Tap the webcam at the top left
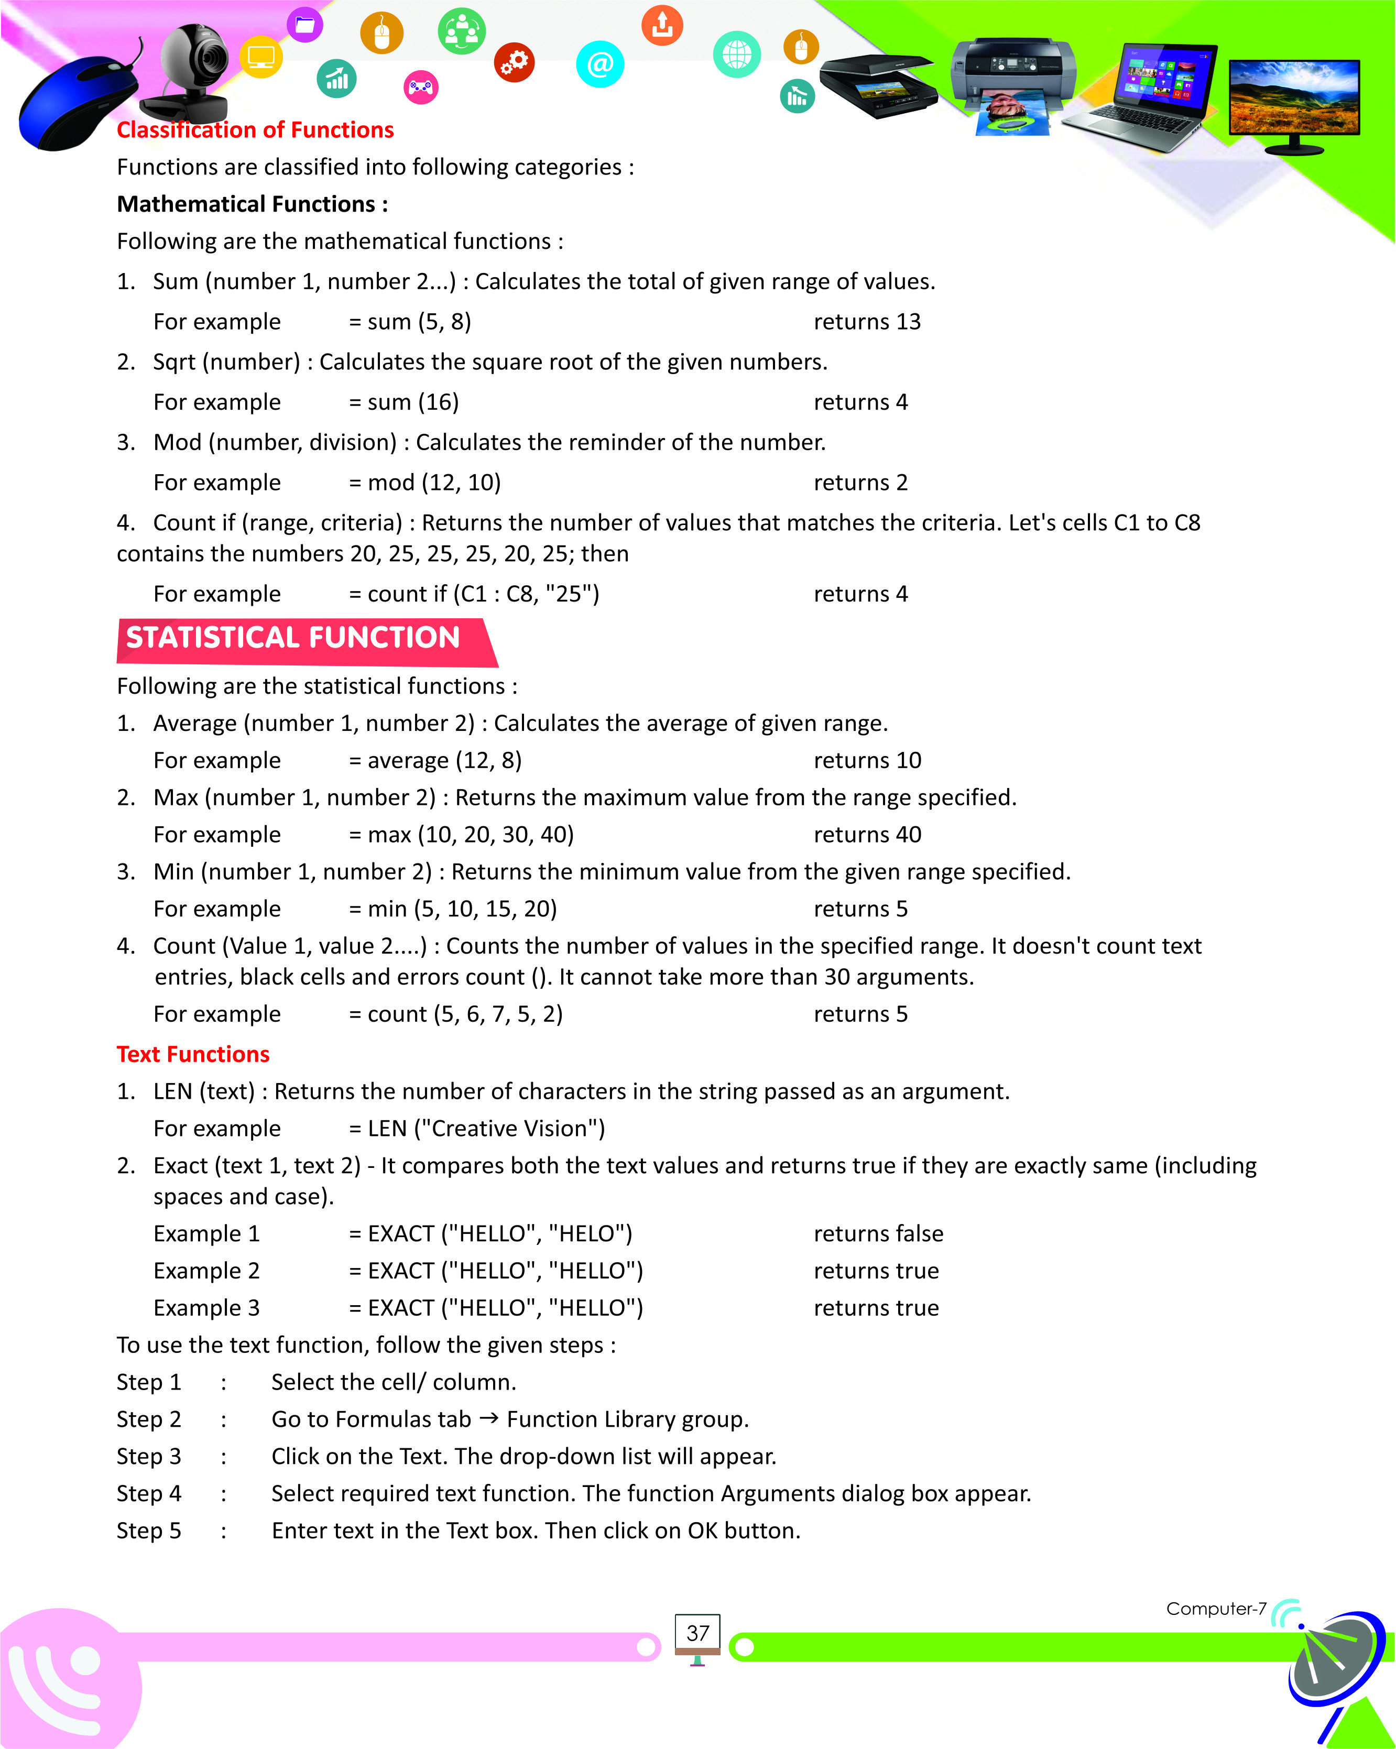pos(191,73)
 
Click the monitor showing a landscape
pos(1294,102)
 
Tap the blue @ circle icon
pos(599,64)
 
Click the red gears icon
pos(514,62)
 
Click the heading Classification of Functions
pos(255,130)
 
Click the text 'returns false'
pos(878,1234)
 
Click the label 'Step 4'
pos(149,1493)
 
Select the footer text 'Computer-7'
pos(1215,1609)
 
